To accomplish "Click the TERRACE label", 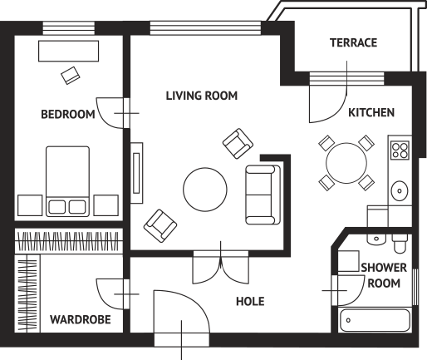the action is tap(353, 42).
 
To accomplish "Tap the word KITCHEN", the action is tap(371, 112).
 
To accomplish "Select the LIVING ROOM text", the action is tap(202, 96).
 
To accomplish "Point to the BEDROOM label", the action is tap(68, 114).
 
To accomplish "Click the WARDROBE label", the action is tap(81, 319).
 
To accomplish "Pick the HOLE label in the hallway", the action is tap(250, 301).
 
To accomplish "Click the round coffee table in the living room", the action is tap(205, 190).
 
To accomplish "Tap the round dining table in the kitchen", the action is tap(346, 163).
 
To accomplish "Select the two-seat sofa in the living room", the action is tap(263, 195).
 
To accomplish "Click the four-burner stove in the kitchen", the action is tap(400, 150).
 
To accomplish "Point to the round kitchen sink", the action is tap(400, 190).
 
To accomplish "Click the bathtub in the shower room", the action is tap(375, 320).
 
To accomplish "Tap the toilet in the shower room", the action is tap(400, 244).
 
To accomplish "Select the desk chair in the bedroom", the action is tap(71, 75).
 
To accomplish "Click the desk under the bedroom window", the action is tap(68, 51).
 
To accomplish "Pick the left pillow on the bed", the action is tap(57, 207).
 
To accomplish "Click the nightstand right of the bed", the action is tap(106, 205).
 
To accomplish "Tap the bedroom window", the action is tap(69, 28).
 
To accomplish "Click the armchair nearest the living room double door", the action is tap(160, 226).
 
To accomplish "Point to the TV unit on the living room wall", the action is tap(136, 173).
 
